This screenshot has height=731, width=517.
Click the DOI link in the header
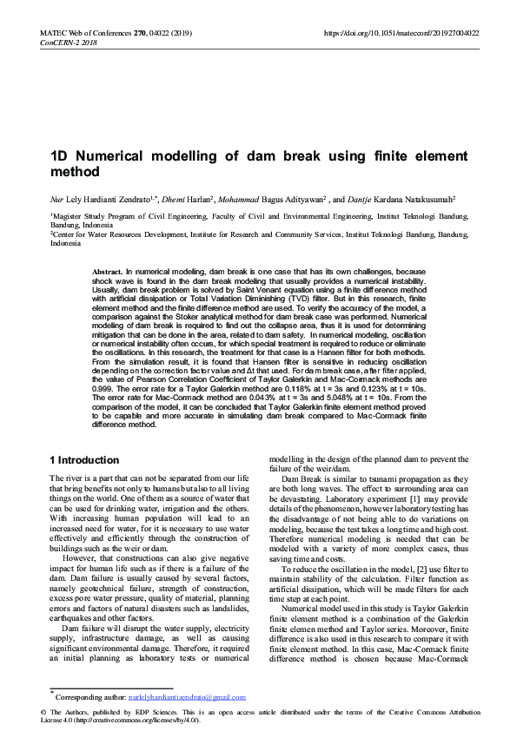coord(401,33)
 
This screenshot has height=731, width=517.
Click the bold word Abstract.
coord(108,272)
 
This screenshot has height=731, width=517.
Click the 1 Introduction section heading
coord(84,459)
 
